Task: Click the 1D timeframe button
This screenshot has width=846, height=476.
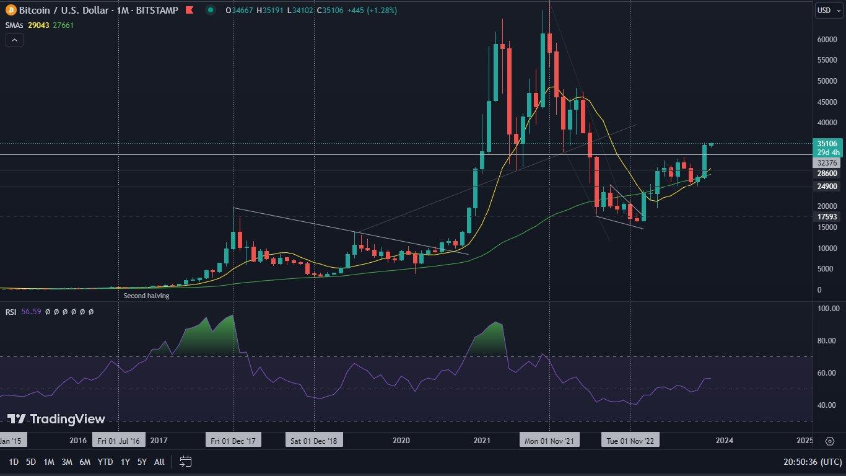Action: click(14, 462)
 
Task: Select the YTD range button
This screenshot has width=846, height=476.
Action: click(105, 462)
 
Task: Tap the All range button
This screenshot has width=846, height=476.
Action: click(159, 462)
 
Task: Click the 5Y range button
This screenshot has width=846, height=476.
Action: click(142, 462)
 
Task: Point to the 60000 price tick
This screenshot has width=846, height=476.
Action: click(827, 40)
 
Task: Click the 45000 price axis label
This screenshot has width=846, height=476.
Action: click(827, 102)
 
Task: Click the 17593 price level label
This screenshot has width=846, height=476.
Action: click(827, 217)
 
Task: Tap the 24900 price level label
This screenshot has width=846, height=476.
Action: click(827, 187)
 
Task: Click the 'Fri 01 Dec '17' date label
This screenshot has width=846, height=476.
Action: click(233, 441)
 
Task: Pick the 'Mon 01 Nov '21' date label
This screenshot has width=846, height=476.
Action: click(549, 441)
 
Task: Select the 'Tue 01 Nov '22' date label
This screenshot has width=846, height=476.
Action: click(630, 441)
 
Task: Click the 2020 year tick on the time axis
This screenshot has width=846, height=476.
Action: click(401, 441)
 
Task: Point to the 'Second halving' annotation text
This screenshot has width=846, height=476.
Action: click(146, 296)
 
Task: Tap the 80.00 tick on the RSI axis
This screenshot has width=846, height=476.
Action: click(827, 341)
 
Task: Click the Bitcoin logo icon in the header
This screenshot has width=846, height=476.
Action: click(11, 11)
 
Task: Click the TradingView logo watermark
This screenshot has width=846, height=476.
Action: click(56, 419)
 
